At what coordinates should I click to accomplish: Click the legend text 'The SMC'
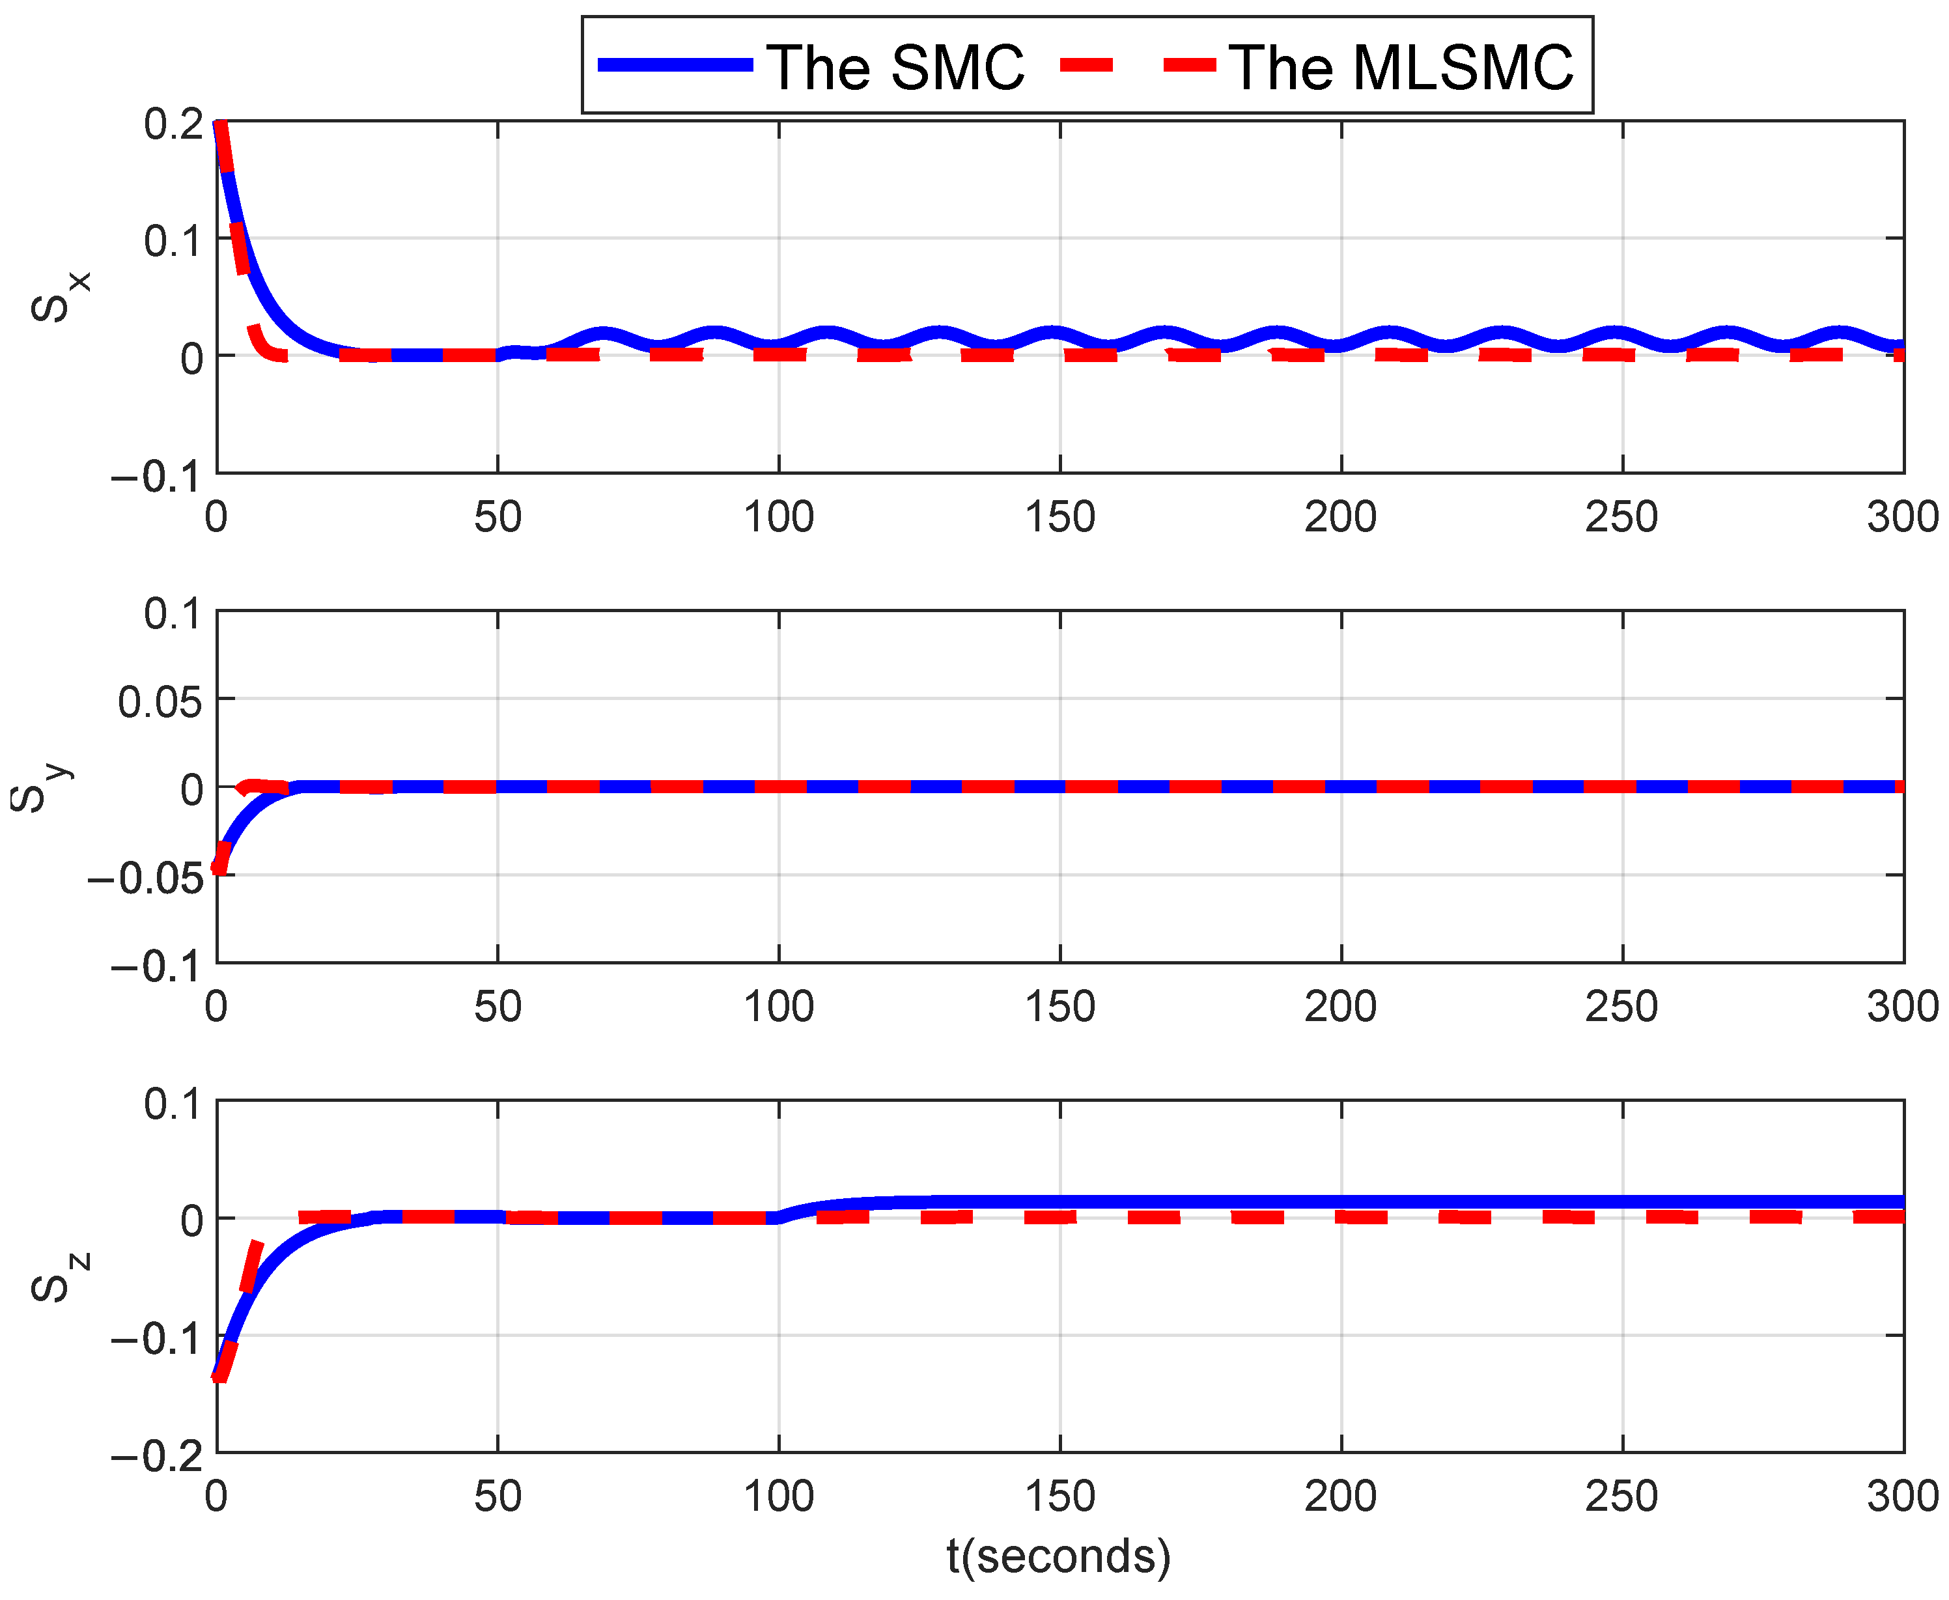click(x=895, y=67)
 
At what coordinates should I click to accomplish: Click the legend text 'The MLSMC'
click(x=1401, y=67)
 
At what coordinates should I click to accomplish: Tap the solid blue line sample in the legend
click(x=675, y=64)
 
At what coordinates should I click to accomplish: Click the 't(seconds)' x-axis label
click(x=1059, y=1556)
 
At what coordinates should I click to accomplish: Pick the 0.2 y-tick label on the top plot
click(x=173, y=124)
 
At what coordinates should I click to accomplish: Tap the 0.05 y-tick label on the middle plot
click(x=160, y=702)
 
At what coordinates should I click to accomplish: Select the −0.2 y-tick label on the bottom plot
click(x=157, y=1456)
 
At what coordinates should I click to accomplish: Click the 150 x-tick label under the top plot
click(x=1059, y=517)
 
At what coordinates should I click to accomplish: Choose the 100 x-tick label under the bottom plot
click(x=779, y=1496)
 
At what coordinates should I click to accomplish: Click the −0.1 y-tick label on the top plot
click(x=157, y=477)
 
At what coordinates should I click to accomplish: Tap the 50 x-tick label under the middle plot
click(x=498, y=1007)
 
